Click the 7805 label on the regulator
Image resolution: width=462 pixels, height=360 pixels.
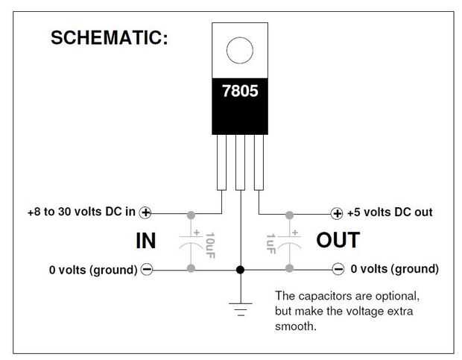pyautogui.click(x=240, y=91)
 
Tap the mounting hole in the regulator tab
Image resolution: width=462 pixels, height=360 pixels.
pyautogui.click(x=240, y=50)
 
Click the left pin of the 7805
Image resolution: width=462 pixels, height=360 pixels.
pyautogui.click(x=221, y=162)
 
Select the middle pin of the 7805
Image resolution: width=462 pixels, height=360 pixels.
pyautogui.click(x=240, y=162)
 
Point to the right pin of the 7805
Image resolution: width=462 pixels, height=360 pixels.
pyautogui.click(x=259, y=162)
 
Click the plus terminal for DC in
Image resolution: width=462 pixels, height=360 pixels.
pyautogui.click(x=145, y=212)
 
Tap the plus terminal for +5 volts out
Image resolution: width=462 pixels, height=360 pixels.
pyautogui.click(x=337, y=214)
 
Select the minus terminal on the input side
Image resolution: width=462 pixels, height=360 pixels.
pyautogui.click(x=147, y=269)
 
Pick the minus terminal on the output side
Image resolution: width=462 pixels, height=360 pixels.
pyautogui.click(x=338, y=268)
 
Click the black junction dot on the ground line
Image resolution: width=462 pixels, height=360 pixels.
pyautogui.click(x=240, y=270)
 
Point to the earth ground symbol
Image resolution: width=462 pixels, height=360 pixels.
pyautogui.click(x=241, y=309)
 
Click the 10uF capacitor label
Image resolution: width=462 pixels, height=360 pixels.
pyautogui.click(x=209, y=245)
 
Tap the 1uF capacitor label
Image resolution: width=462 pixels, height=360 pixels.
pyautogui.click(x=271, y=244)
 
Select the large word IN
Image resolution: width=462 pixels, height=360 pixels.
pyautogui.click(x=145, y=241)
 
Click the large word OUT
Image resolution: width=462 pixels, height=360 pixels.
pyautogui.click(x=338, y=240)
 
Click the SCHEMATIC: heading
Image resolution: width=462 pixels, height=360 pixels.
pyautogui.click(x=110, y=38)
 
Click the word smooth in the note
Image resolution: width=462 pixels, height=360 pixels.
pyautogui.click(x=296, y=326)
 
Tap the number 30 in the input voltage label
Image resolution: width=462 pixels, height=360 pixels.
pyautogui.click(x=64, y=212)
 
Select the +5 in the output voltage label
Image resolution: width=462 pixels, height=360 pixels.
pyautogui.click(x=354, y=212)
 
